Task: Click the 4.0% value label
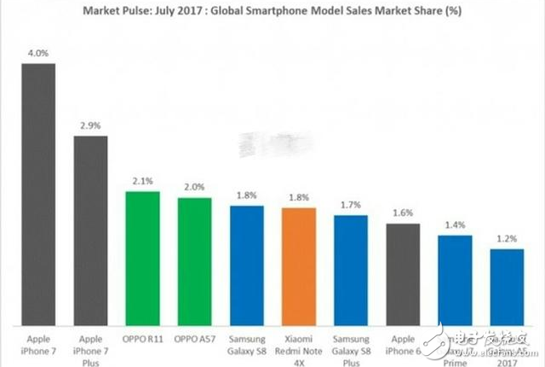[38, 54]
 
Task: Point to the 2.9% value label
[91, 125]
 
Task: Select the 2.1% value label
[142, 181]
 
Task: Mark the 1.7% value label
[351, 206]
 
